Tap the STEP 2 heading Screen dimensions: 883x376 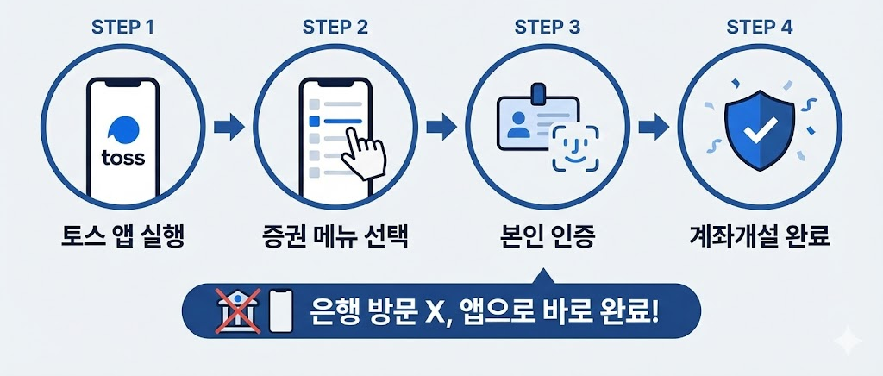335,26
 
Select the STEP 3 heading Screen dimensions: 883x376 547,26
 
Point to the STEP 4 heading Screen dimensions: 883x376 759,26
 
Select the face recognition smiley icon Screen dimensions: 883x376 574,146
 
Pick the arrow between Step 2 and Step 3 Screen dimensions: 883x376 441,129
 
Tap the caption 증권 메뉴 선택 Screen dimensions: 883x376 335,235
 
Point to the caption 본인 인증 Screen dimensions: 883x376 547,235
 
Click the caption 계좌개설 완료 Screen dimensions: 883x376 759,235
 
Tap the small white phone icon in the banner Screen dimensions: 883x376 279,311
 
